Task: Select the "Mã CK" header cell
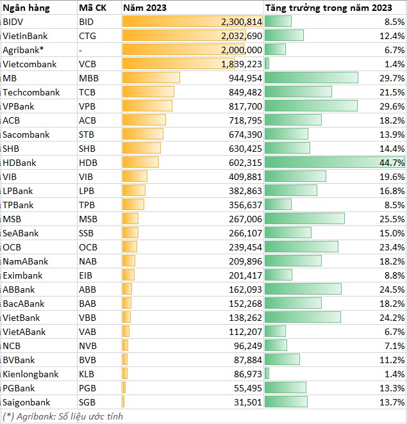pos(92,8)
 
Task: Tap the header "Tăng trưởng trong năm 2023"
pos(328,8)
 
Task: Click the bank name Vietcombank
pos(29,64)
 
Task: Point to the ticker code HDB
pos(88,163)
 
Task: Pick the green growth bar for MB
pos(311,78)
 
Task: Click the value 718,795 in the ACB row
pos(245,120)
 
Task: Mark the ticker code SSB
pos(87,233)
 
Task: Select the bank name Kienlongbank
pos(30,374)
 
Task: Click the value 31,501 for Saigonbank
pos(248,402)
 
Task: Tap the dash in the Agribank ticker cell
pos(80,50)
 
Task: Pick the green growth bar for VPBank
pos(311,106)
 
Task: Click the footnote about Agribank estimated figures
pos(62,416)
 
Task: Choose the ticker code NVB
pos(88,346)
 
